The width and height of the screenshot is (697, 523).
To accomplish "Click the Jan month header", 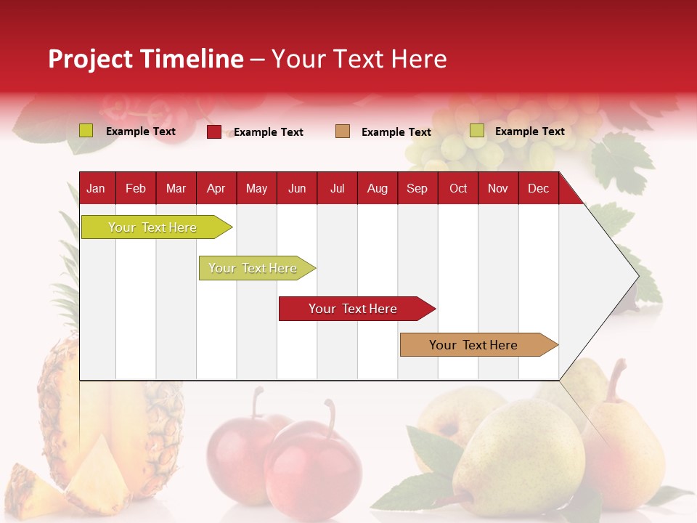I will [96, 188].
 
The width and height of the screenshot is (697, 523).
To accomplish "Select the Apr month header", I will [216, 188].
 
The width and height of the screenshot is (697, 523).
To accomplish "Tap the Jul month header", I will [337, 188].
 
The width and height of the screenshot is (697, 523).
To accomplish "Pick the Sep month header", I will [417, 188].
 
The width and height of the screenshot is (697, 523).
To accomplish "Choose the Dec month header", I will [538, 188].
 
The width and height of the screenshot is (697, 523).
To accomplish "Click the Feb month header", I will [136, 188].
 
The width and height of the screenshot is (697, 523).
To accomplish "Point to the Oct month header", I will [458, 188].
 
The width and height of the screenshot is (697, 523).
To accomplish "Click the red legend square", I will [214, 131].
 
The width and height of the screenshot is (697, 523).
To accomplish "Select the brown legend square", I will [343, 131].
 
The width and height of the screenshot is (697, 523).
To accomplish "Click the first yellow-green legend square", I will [86, 131].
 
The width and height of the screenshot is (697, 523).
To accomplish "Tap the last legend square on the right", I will [477, 131].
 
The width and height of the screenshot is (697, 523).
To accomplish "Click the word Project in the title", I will [91, 59].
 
